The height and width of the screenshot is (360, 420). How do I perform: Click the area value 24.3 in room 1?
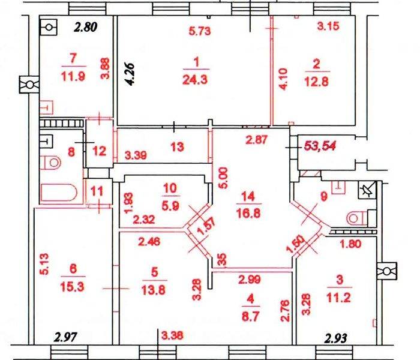(x=195, y=80)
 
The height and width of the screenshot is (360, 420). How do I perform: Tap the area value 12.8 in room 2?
(x=316, y=82)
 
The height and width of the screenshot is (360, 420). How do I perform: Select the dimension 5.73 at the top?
(x=200, y=31)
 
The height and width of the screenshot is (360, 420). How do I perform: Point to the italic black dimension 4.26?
(x=131, y=74)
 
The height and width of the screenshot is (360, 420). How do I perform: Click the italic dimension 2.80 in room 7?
(x=85, y=28)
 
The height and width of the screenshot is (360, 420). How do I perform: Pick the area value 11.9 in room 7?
(x=73, y=77)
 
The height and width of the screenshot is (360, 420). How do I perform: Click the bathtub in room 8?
(x=59, y=193)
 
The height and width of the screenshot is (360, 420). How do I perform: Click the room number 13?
(x=177, y=147)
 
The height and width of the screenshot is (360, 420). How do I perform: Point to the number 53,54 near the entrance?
(x=320, y=146)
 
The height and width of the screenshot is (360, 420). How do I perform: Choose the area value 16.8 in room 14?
(x=248, y=213)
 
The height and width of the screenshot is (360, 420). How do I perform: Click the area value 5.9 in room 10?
(x=170, y=205)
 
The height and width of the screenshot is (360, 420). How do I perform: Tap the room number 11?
(x=97, y=191)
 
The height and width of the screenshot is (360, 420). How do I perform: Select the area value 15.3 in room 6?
(x=73, y=287)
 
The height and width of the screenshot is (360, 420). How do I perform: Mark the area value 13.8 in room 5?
(x=155, y=290)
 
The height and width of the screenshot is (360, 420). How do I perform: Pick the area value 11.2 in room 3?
(x=339, y=298)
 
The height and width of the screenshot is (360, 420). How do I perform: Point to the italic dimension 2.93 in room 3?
(x=335, y=338)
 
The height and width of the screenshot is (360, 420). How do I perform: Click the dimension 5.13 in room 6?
(x=44, y=264)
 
